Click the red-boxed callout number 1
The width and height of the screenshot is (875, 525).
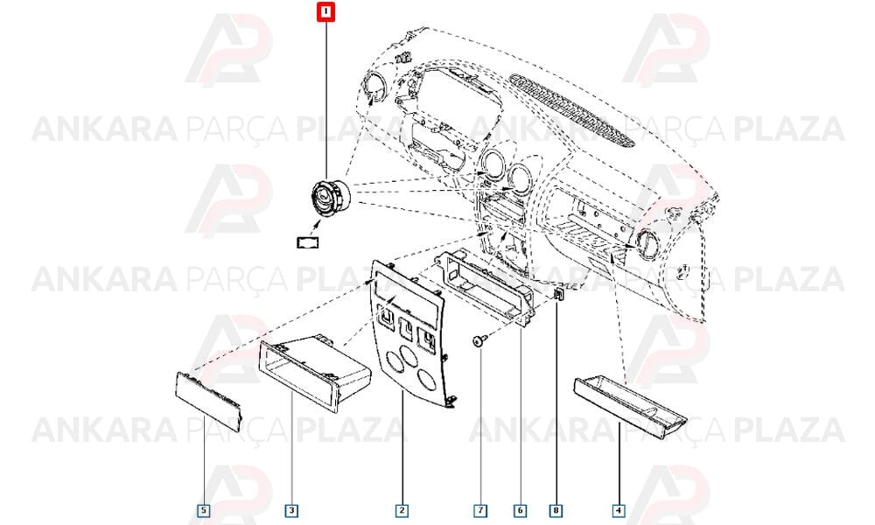coord(325,12)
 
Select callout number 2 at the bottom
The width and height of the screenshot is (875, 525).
coord(402,510)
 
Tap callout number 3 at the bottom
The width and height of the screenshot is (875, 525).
coord(292,510)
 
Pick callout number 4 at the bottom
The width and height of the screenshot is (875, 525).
coord(618,510)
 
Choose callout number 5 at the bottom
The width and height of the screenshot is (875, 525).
coord(204,510)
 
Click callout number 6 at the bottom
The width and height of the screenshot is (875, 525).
coord(520,510)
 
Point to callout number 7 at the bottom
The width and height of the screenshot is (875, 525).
coord(479,510)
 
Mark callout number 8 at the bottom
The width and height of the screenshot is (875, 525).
coord(556,510)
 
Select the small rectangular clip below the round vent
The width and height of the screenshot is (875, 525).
coord(307,242)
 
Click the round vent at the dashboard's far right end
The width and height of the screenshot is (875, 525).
coord(644,244)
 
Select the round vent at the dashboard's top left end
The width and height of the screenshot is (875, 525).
coord(374,88)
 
